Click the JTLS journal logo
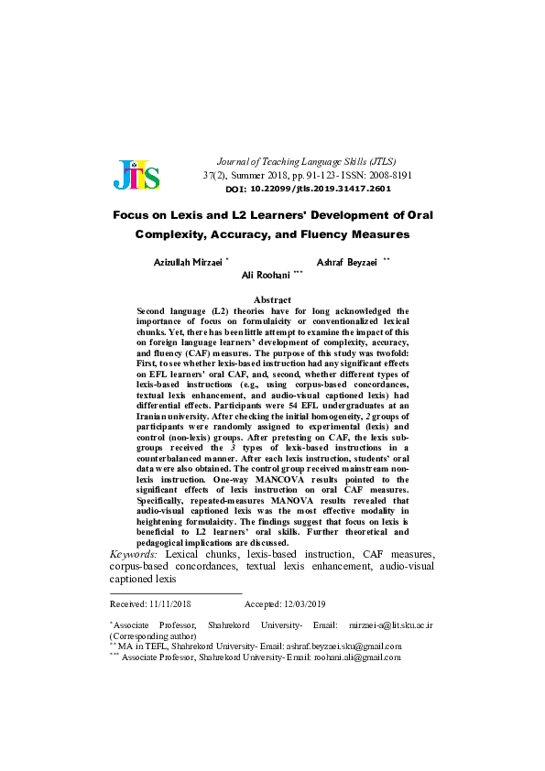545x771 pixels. [x=136, y=174]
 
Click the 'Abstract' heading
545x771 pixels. [x=272, y=299]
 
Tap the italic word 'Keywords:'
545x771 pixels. [x=134, y=555]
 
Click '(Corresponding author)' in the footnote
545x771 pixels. [x=151, y=635]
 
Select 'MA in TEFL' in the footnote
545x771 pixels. [x=141, y=646]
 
